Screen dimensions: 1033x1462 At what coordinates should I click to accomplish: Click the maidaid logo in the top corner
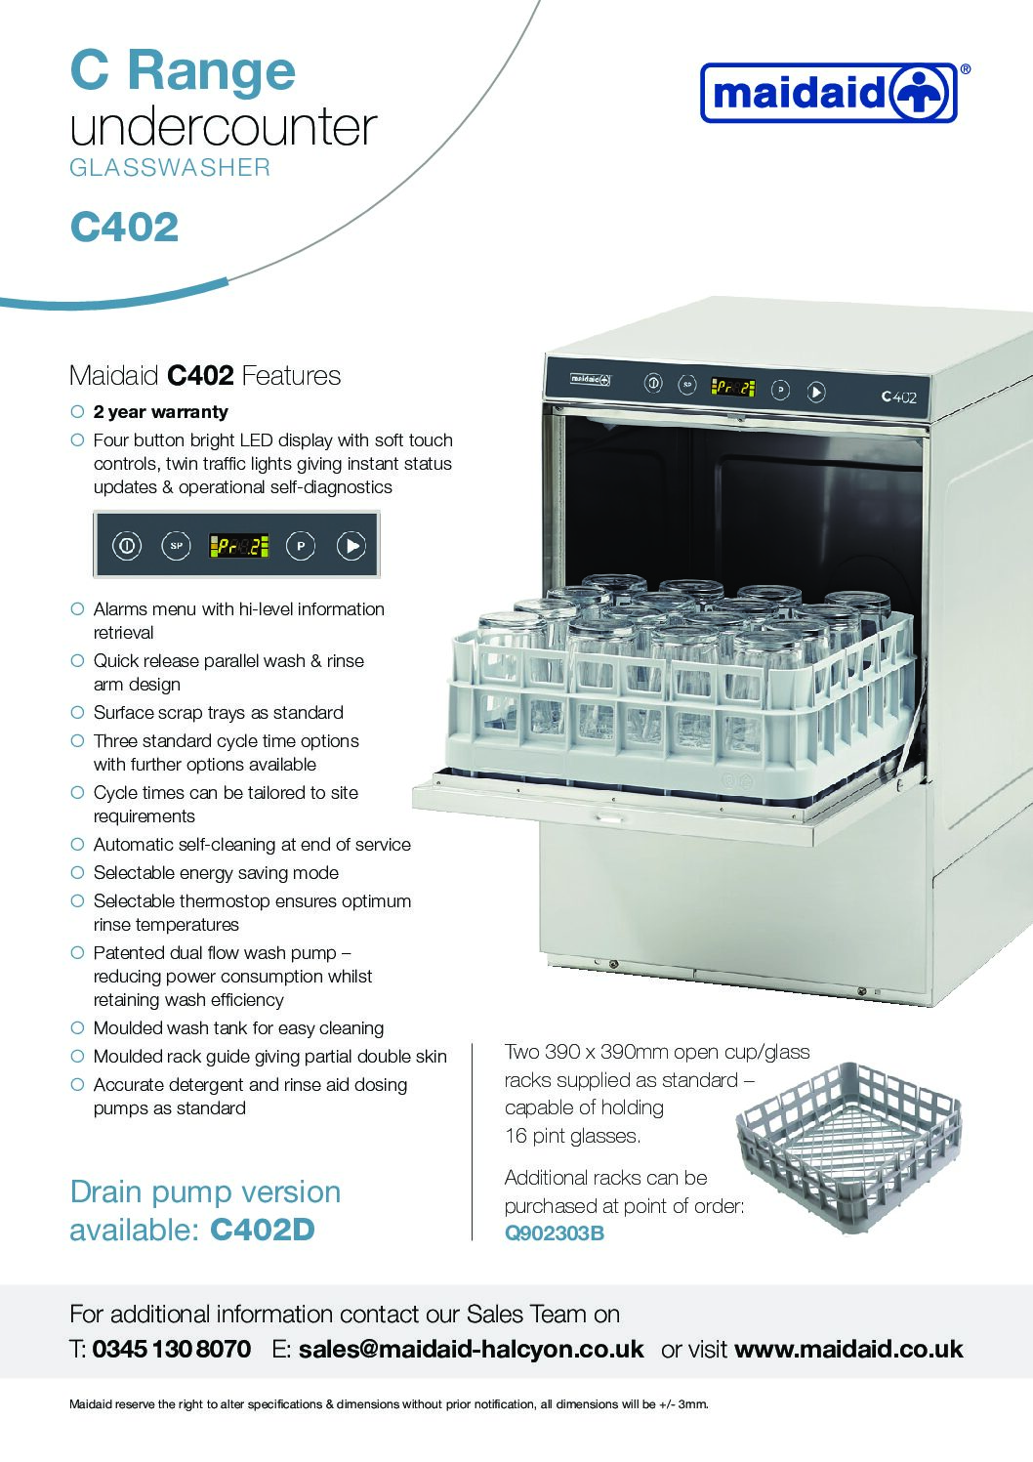coord(830,93)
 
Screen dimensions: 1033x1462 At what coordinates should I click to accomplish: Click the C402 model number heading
coord(124,228)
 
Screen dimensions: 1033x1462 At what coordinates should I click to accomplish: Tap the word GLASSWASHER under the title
coord(170,168)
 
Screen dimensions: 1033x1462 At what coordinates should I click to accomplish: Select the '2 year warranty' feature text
coord(160,412)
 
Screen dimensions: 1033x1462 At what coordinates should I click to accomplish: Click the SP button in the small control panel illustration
coord(176,546)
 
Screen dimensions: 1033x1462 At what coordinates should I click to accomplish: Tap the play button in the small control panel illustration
coord(351,546)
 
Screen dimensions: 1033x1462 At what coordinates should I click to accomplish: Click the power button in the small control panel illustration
coord(127,546)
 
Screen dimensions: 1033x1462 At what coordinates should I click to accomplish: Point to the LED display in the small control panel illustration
coord(239,546)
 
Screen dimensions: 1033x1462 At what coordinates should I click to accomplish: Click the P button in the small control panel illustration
coord(301,546)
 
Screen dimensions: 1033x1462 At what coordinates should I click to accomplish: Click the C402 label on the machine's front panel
coord(898,397)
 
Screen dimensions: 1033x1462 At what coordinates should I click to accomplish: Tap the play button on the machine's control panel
coord(816,393)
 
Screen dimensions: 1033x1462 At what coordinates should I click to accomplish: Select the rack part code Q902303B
coord(554,1232)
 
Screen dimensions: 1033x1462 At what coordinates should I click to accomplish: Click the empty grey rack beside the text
coord(848,1148)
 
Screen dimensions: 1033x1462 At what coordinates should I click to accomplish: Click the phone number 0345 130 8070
coord(172,1349)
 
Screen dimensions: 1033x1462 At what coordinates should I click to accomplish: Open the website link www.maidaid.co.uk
coord(848,1349)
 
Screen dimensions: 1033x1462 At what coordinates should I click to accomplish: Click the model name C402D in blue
coord(263,1230)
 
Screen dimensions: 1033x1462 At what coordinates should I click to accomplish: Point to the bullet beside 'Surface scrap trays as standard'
coord(78,712)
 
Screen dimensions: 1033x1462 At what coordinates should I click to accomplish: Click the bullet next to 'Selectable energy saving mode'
coord(78,873)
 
